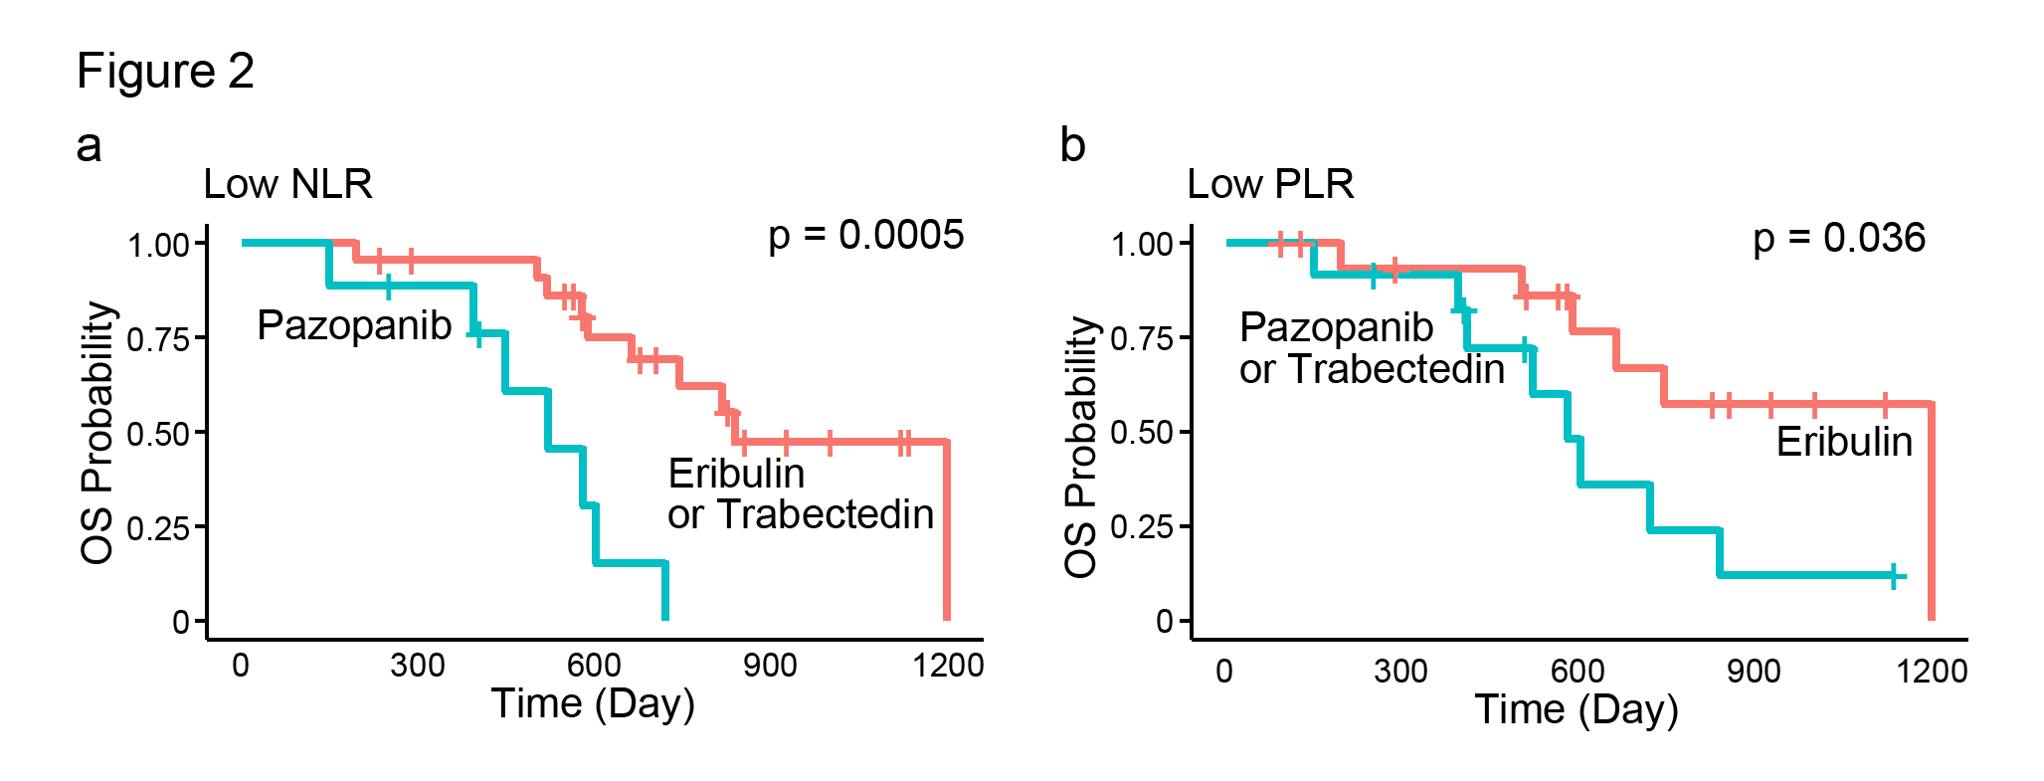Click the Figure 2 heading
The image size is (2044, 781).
point(165,72)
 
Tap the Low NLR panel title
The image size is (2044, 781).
point(287,184)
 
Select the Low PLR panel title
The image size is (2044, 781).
point(1270,184)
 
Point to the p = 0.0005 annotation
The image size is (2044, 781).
point(865,236)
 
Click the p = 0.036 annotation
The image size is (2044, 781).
point(1839,239)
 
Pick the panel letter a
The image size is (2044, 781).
point(89,146)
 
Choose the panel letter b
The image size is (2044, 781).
point(1072,146)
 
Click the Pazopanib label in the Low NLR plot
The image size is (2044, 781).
point(354,325)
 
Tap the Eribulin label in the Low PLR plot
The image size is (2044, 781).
point(1844,442)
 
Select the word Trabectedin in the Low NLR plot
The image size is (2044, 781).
point(826,514)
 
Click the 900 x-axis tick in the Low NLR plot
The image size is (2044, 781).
point(770,666)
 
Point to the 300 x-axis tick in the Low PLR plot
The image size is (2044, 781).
point(1400,672)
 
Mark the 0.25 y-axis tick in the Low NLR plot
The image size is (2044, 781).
point(159,527)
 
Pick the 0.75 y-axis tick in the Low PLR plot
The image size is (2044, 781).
point(1142,339)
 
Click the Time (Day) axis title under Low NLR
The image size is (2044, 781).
point(593,703)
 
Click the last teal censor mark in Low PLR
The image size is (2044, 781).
point(1895,576)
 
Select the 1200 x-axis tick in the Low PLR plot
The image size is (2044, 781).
point(1931,672)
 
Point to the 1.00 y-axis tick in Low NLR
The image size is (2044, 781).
point(159,245)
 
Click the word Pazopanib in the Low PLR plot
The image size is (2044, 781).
point(1337,327)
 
